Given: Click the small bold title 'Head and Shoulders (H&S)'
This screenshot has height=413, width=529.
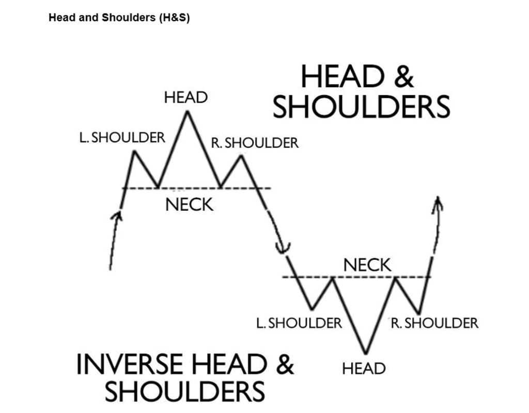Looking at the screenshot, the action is [x=119, y=18].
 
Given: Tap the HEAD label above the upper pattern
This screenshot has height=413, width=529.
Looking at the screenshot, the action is [x=186, y=97].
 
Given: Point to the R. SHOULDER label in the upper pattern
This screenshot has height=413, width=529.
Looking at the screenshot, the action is [x=255, y=143].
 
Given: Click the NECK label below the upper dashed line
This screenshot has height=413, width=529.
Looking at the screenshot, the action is [x=189, y=205].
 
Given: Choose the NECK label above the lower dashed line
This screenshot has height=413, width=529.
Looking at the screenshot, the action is [x=367, y=266].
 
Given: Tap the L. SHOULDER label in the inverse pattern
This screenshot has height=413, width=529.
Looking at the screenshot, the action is [x=299, y=323].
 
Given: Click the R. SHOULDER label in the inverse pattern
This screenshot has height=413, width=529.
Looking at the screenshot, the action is [x=434, y=323].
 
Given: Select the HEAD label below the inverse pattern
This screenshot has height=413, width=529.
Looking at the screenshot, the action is [x=364, y=368].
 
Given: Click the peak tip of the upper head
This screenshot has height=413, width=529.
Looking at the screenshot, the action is [x=188, y=112].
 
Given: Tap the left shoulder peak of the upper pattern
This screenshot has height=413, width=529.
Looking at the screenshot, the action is [x=134, y=152].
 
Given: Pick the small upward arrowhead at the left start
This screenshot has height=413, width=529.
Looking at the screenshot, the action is [x=118, y=217].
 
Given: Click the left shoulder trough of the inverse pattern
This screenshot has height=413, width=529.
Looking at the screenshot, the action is [x=312, y=309].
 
